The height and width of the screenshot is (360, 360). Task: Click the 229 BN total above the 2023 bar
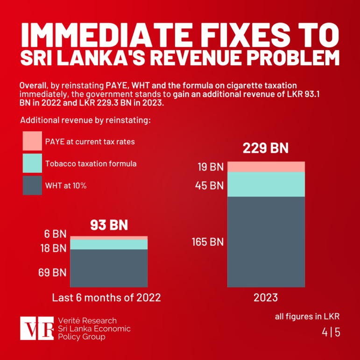(x=266, y=148)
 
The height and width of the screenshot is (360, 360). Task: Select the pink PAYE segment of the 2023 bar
(x=266, y=167)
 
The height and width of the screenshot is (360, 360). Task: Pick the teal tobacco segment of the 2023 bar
(x=266, y=184)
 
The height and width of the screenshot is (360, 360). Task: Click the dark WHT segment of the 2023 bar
(x=266, y=241)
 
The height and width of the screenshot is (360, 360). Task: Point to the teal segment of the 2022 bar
(x=109, y=244)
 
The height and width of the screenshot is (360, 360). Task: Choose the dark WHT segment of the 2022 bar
(x=109, y=268)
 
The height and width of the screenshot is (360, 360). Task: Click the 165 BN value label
(x=207, y=242)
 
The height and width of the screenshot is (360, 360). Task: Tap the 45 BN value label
(x=210, y=185)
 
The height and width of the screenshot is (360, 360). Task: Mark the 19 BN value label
(x=210, y=167)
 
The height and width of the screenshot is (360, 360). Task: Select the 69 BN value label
(x=52, y=273)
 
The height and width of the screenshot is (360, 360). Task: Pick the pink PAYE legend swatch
(x=32, y=141)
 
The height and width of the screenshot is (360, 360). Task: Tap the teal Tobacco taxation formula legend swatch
(x=32, y=163)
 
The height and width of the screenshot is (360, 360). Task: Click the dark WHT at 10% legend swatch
(x=32, y=185)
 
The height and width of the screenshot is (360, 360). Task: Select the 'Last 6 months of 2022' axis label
(x=106, y=298)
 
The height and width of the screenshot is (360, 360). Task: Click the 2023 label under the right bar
(x=266, y=298)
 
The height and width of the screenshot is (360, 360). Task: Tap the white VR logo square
(x=36, y=328)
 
